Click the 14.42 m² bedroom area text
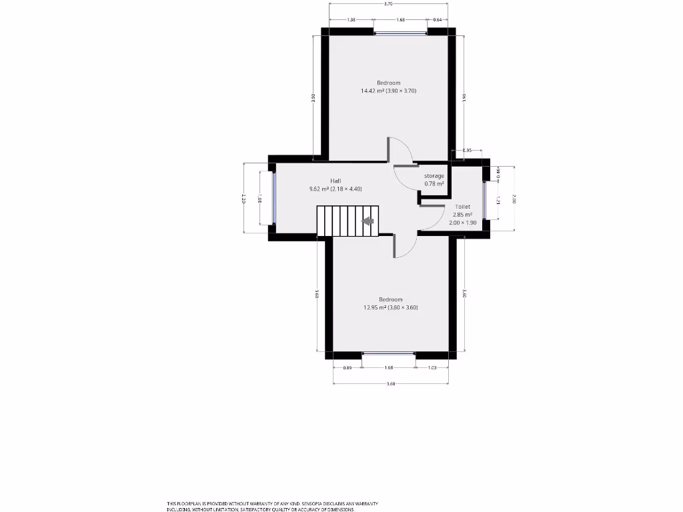(388, 91)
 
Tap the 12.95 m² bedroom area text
(390, 307)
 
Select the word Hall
(335, 181)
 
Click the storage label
(434, 176)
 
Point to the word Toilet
(463, 207)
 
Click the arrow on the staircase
(368, 221)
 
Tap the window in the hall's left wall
(273, 198)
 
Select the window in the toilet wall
(485, 200)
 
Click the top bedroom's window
(401, 31)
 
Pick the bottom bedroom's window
(389, 354)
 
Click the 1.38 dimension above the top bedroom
(352, 20)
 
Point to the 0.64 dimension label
(438, 20)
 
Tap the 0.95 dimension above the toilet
(467, 150)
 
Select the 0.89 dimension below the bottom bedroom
(347, 367)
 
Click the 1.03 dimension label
(433, 367)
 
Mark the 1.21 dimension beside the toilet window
(498, 199)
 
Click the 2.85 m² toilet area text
(463, 215)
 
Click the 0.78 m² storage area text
(434, 183)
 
